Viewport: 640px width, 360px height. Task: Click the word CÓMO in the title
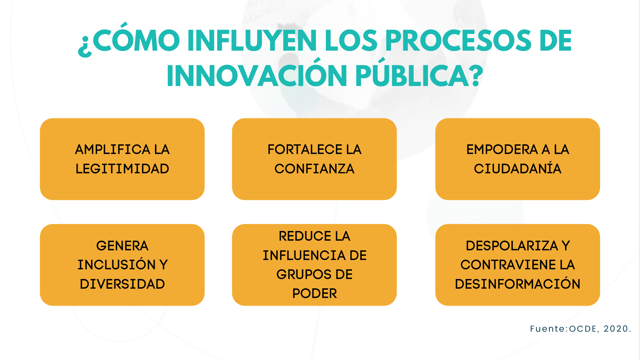136,41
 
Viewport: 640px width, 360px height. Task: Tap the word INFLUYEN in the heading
252,41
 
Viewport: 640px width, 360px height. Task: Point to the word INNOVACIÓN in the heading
257,76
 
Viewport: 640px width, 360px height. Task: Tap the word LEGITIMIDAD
122,169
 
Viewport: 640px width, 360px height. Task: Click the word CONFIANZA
314,169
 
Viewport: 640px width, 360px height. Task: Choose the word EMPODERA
502,149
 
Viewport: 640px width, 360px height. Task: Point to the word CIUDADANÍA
518,169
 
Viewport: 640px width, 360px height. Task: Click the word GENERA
122,246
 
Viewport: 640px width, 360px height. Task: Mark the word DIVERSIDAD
122,284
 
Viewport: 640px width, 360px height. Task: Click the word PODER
314,293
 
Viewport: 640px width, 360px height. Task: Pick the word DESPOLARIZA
512,246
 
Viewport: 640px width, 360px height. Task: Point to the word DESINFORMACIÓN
518,284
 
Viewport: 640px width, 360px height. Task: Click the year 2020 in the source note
616,329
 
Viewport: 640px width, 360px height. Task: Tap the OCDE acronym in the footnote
583,329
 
